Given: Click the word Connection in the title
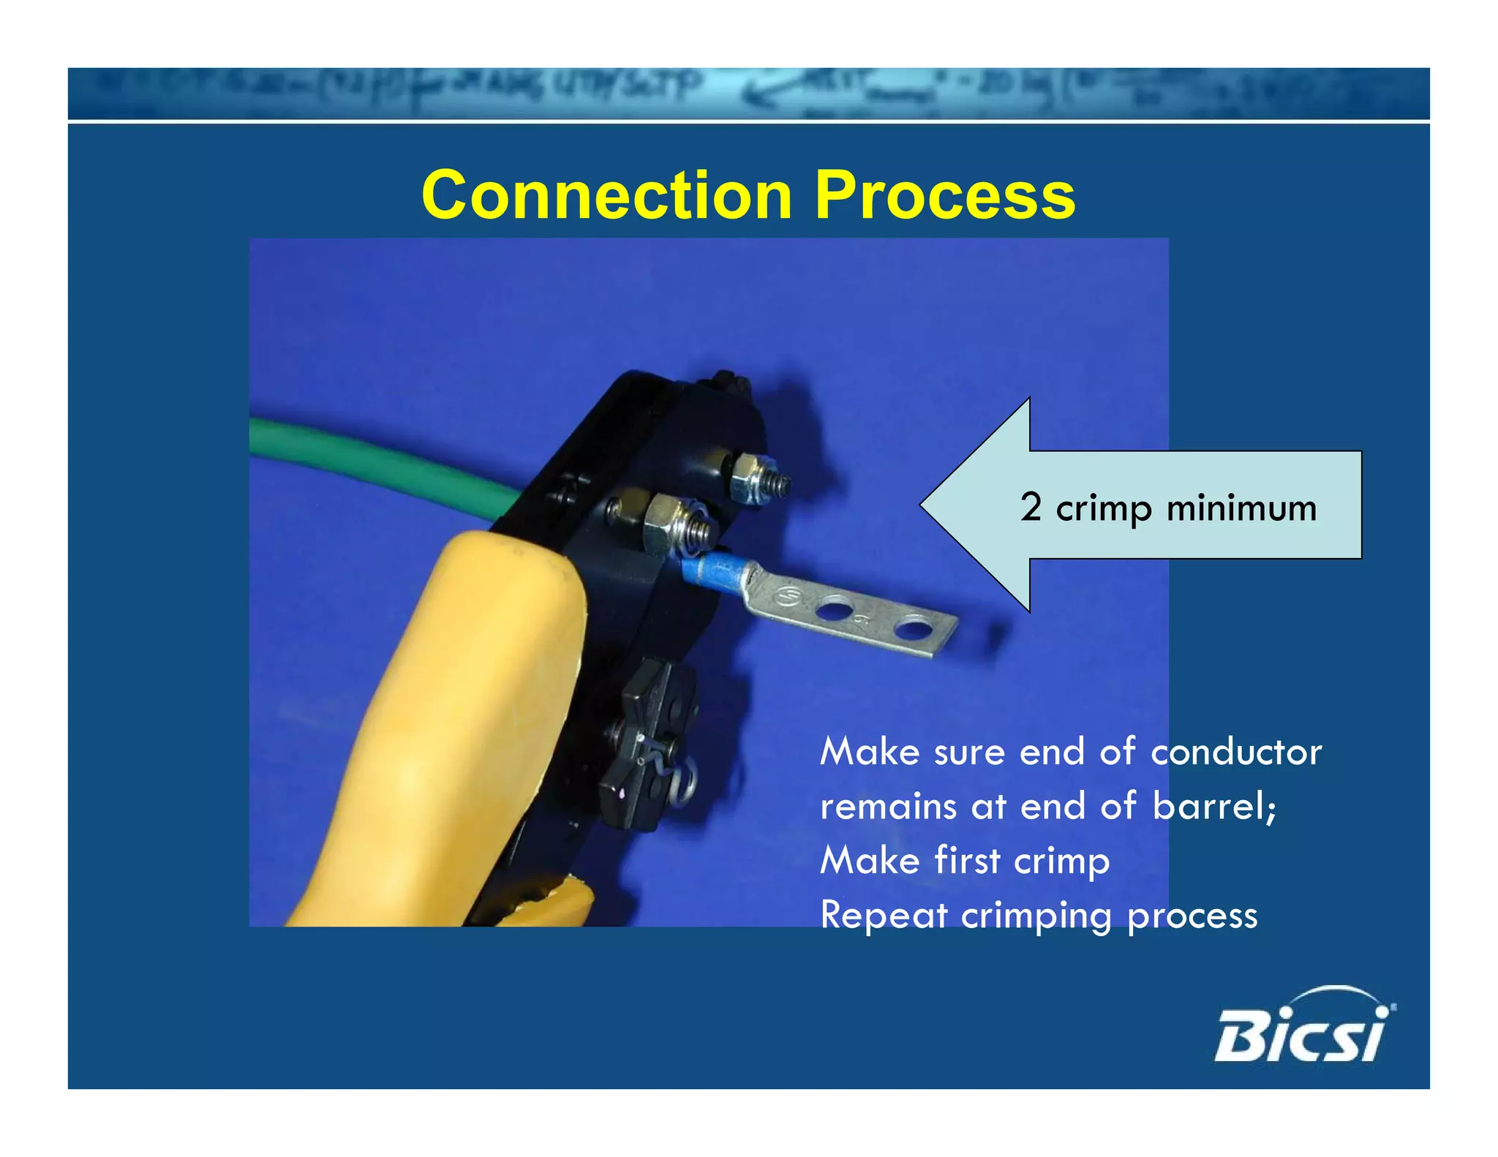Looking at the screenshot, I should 606,195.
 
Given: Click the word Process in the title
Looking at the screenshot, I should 944,195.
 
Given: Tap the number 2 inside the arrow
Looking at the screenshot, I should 1031,506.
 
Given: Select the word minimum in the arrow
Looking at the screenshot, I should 1241,508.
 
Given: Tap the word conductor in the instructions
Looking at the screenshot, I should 1236,752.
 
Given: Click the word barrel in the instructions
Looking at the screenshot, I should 1213,806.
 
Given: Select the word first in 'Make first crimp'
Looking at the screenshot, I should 966,860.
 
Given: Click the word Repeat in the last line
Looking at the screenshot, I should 884,916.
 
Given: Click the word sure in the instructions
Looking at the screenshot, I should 968,752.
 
